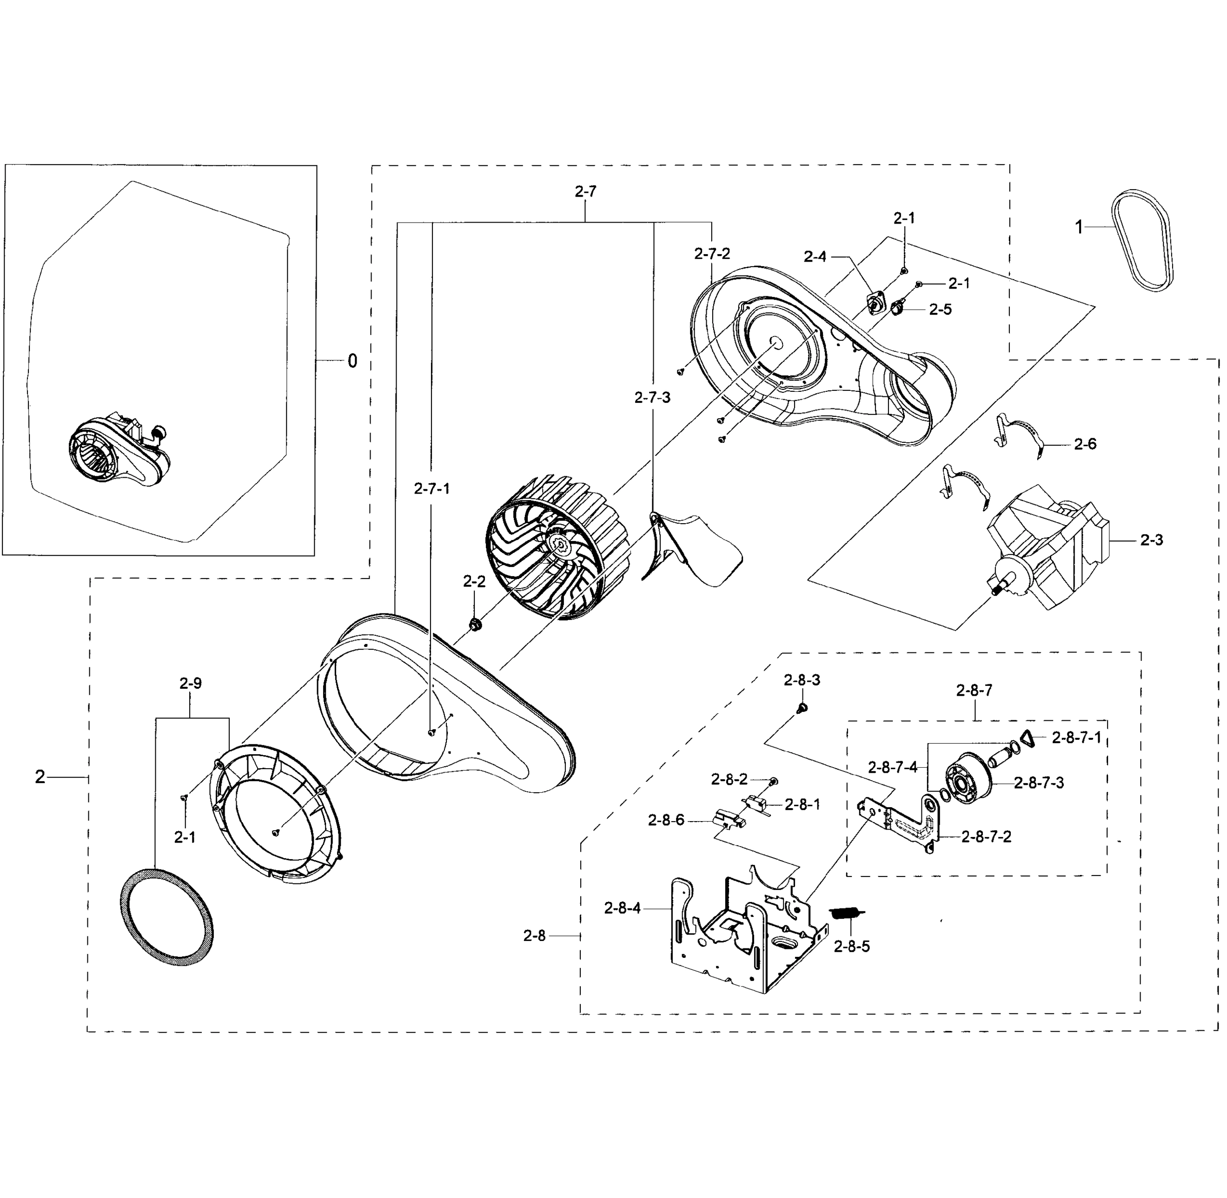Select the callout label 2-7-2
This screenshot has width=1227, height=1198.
[712, 254]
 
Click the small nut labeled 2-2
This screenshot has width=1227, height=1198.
[476, 625]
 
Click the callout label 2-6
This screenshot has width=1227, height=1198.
[1085, 444]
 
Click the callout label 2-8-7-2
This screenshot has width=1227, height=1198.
[986, 837]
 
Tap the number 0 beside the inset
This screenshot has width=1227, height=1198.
[352, 361]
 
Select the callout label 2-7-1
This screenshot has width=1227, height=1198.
[432, 488]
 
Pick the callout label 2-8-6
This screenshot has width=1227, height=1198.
[666, 821]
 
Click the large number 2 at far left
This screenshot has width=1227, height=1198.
[39, 778]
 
